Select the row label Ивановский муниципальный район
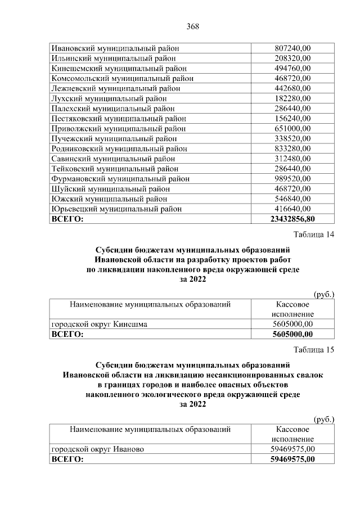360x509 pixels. click(114, 48)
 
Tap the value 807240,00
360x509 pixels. click(292, 48)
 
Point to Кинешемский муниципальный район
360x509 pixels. click(116, 68)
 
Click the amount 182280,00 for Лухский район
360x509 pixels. click(292, 98)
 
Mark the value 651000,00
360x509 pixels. click(292, 128)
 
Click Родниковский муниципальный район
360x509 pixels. click(119, 148)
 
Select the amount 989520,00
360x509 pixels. click(292, 178)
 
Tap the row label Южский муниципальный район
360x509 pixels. click(109, 199)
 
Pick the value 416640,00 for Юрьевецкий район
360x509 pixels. click(292, 209)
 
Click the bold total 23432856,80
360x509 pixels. click(292, 219)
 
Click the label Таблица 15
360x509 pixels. click(314, 350)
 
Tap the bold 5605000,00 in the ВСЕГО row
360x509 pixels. click(292, 334)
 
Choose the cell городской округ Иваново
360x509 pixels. click(98, 449)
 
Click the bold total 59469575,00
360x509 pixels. click(292, 459)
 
